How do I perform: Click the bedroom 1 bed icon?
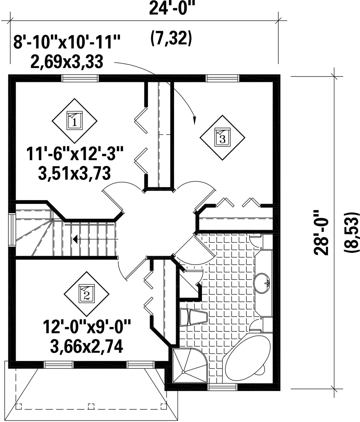[x=75, y=121]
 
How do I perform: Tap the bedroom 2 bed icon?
[x=87, y=294]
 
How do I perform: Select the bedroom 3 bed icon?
[x=222, y=137]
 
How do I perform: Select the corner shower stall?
[x=190, y=365]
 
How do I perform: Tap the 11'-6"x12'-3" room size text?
[x=75, y=154]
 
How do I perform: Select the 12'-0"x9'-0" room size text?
[x=87, y=327]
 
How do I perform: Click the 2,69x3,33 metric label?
[x=67, y=62]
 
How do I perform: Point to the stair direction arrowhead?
[x=75, y=239]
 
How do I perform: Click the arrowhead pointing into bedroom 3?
[x=195, y=121]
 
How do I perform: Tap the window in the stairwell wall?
[x=12, y=230]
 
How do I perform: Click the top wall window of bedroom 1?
[x=80, y=78]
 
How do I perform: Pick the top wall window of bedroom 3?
[x=222, y=78]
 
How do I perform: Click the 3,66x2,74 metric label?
[x=87, y=346]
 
